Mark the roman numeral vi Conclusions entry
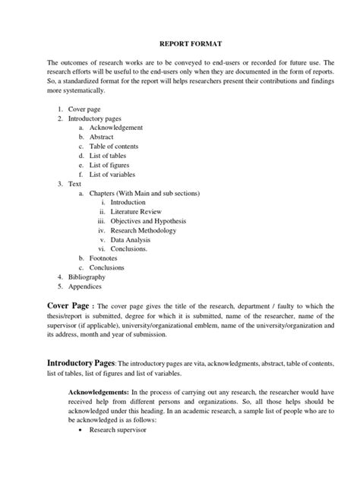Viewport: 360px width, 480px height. click(x=129, y=249)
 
